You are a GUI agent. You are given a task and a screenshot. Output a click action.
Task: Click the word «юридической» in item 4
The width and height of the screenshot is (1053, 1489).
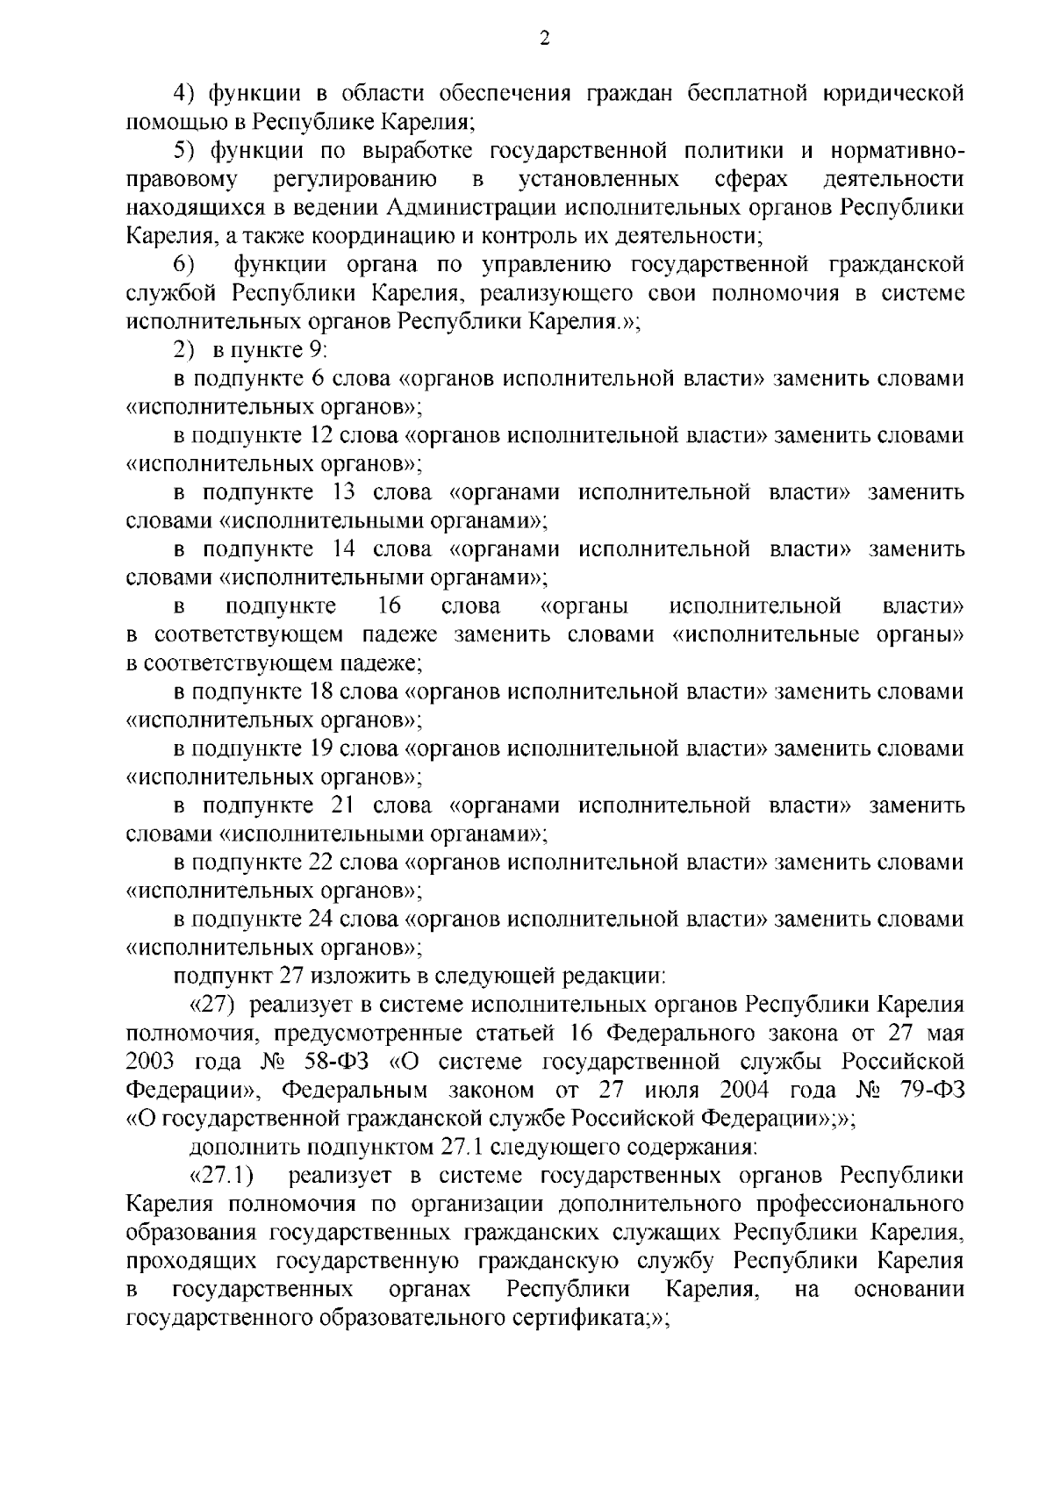pyautogui.click(x=890, y=93)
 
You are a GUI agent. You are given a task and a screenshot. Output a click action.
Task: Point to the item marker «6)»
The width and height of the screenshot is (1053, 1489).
pyautogui.click(x=184, y=265)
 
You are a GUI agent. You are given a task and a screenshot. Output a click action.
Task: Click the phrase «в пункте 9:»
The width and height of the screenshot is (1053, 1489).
pyautogui.click(x=269, y=350)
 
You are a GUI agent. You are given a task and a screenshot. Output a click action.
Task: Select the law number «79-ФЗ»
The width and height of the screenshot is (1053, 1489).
pyautogui.click(x=932, y=1090)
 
